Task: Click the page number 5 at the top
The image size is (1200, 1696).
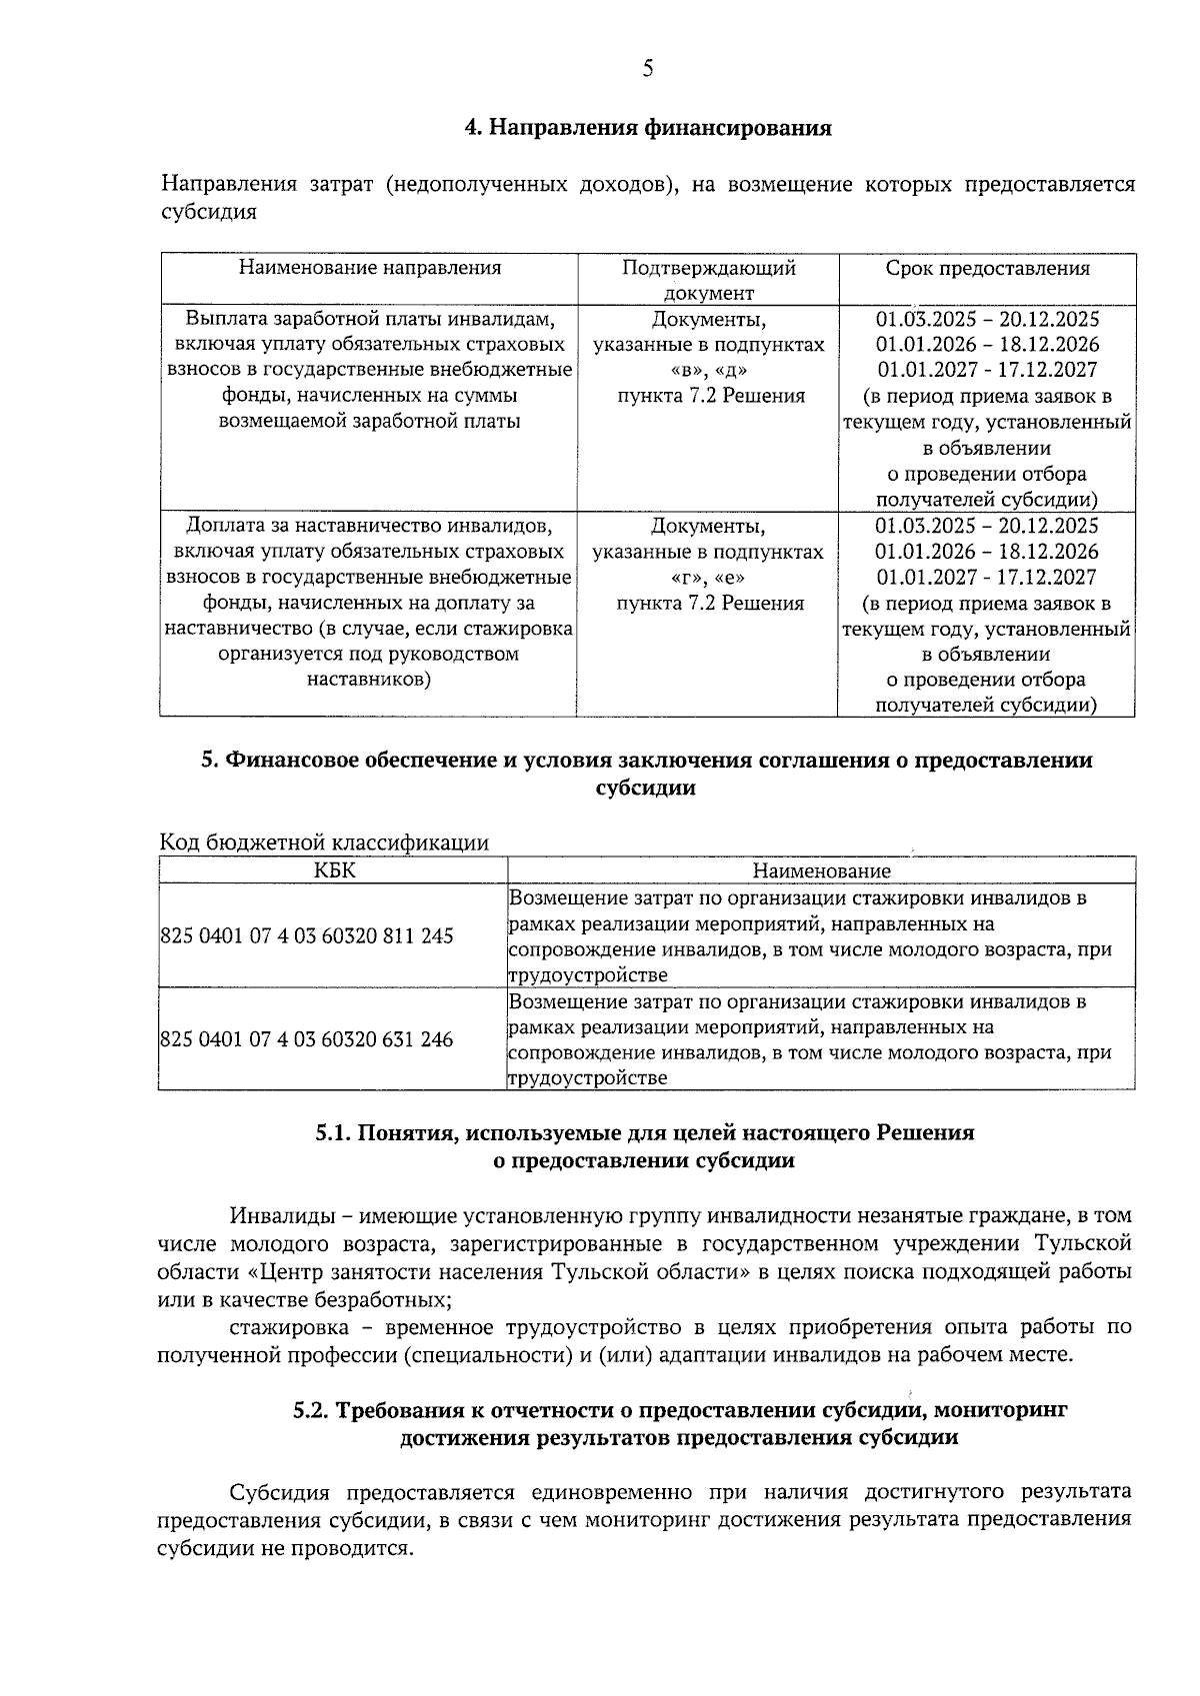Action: [647, 69]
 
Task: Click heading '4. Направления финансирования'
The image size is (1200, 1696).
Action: [648, 129]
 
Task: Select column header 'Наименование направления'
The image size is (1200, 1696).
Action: [369, 268]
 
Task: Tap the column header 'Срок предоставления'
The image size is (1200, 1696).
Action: [987, 268]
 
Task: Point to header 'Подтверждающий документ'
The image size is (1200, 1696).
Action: [708, 280]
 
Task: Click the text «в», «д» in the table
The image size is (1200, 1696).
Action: [709, 371]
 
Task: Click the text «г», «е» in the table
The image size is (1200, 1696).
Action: [709, 578]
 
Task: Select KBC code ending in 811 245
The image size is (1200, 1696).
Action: [307, 936]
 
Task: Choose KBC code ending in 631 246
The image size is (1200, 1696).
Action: [307, 1040]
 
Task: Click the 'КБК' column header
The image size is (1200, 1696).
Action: [334, 870]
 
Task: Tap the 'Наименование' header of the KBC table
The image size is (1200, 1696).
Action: [821, 871]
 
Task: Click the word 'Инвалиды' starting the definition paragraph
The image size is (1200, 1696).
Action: [276, 1216]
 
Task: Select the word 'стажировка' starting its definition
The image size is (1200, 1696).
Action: [289, 1327]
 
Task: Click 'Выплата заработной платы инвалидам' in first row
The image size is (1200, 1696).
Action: [369, 319]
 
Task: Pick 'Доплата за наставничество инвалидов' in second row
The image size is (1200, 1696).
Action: [369, 526]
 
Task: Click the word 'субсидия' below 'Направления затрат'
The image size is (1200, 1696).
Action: [209, 212]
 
